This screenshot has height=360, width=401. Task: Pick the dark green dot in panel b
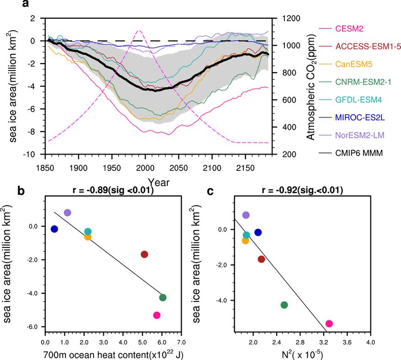pyautogui.click(x=163, y=297)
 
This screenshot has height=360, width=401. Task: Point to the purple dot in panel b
pyautogui.click(x=68, y=213)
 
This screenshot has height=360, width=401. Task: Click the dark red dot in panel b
pyautogui.click(x=144, y=254)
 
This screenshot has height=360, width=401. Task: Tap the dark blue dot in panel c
pyautogui.click(x=258, y=233)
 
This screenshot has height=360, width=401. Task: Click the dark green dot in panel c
pyautogui.click(x=284, y=305)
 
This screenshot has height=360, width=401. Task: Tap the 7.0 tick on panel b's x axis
pyautogui.click(x=181, y=341)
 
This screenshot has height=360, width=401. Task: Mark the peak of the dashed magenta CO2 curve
pyautogui.click(x=139, y=30)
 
